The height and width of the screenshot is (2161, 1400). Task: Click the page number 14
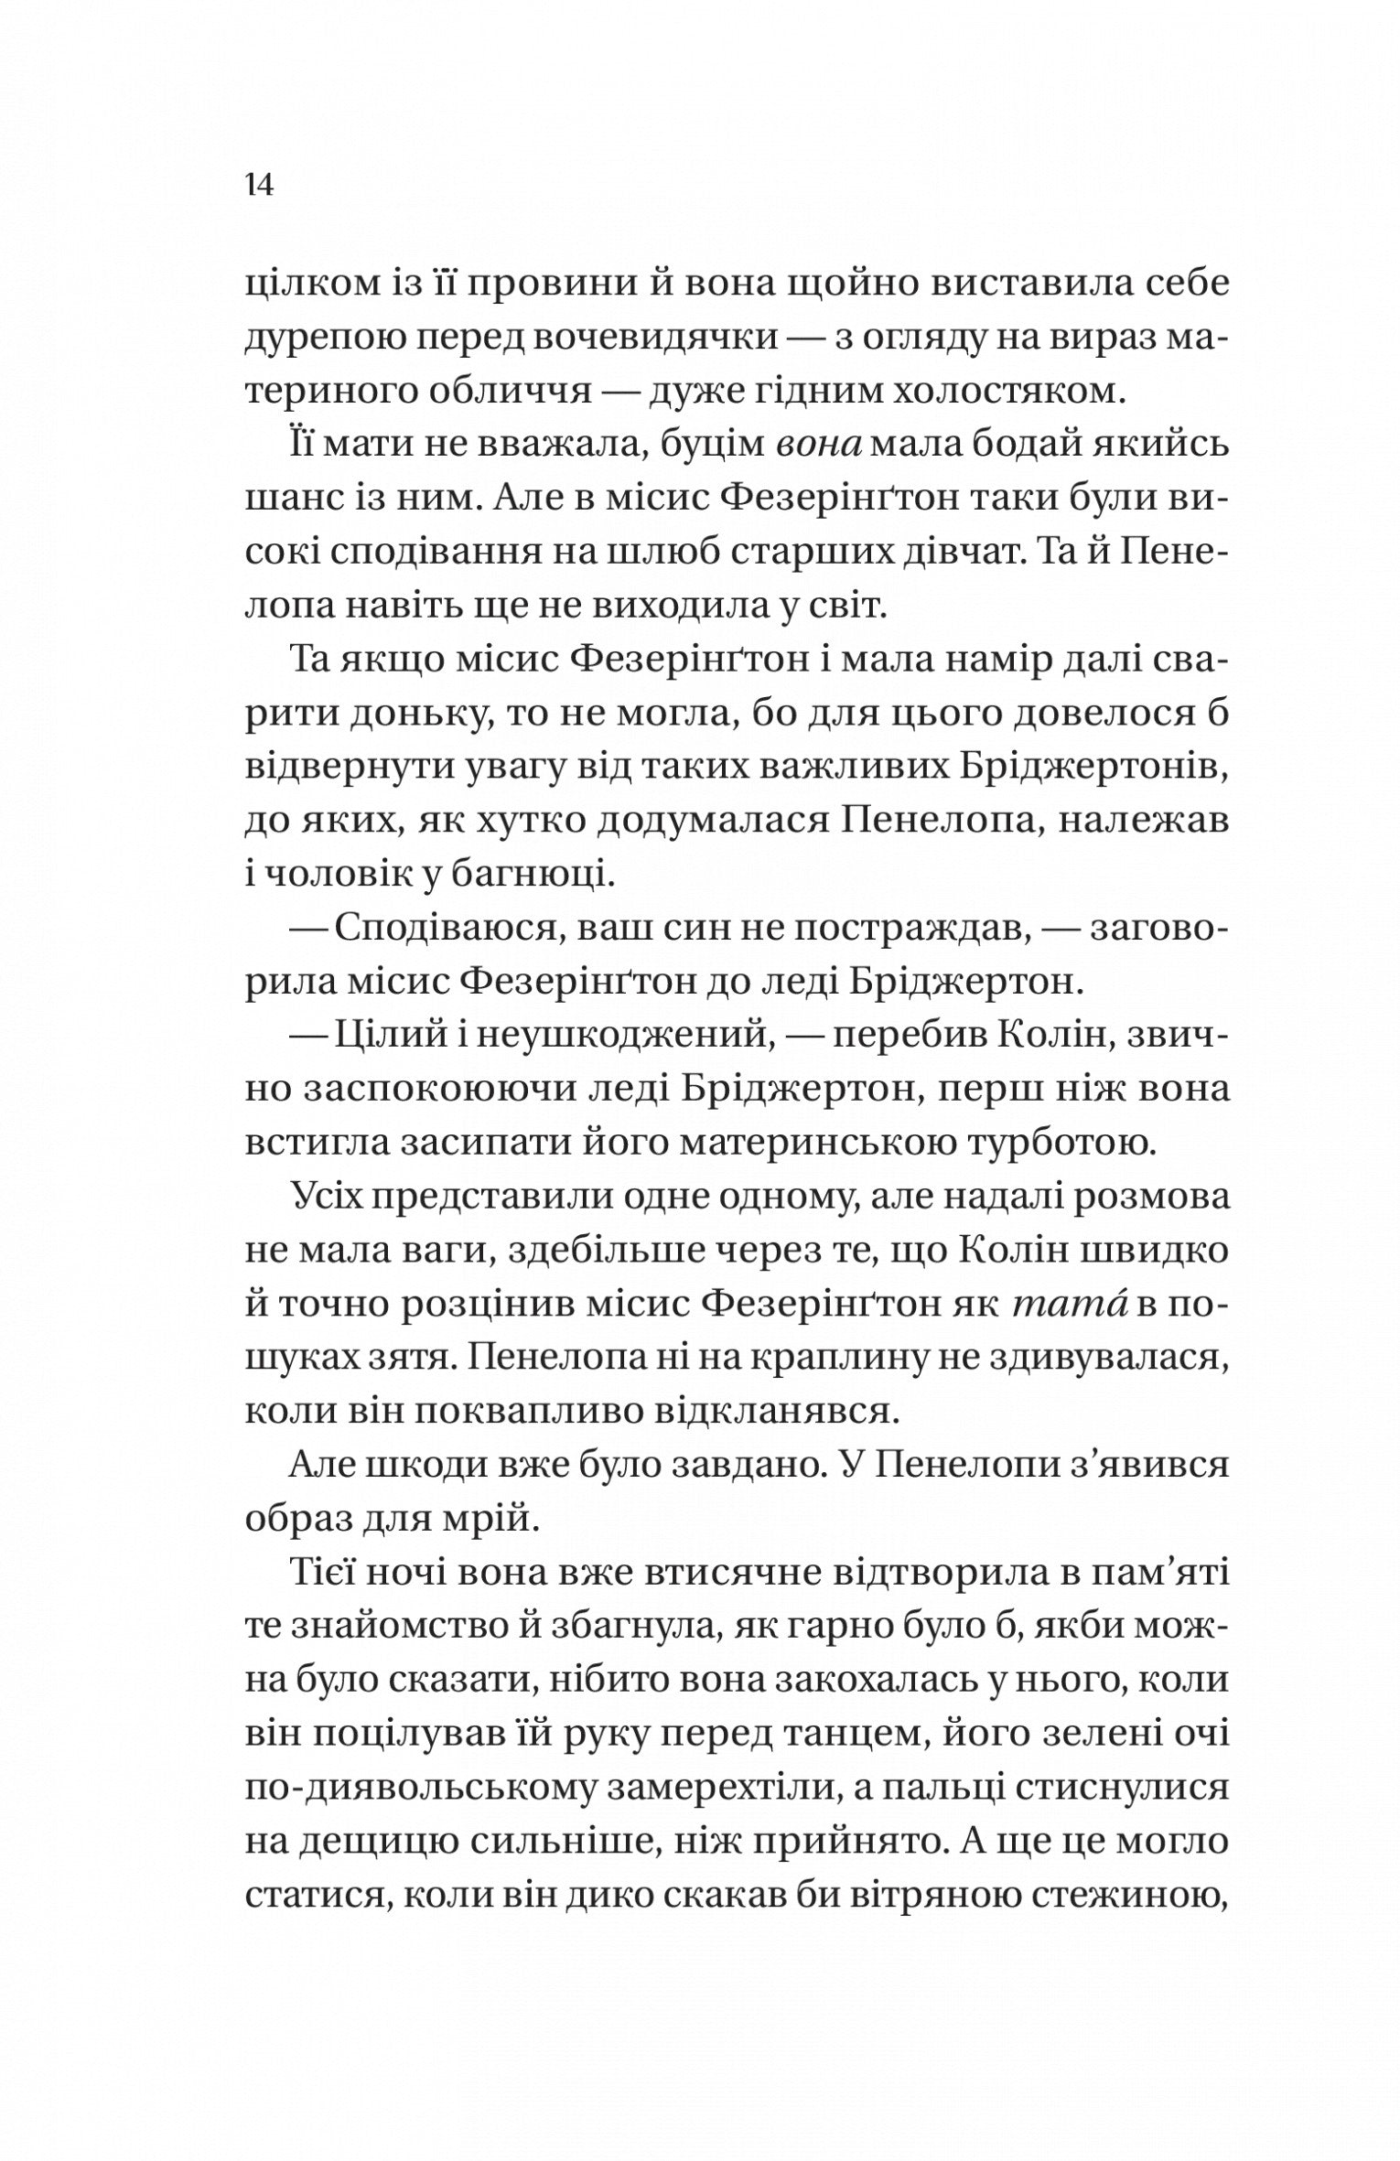pos(259,187)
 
